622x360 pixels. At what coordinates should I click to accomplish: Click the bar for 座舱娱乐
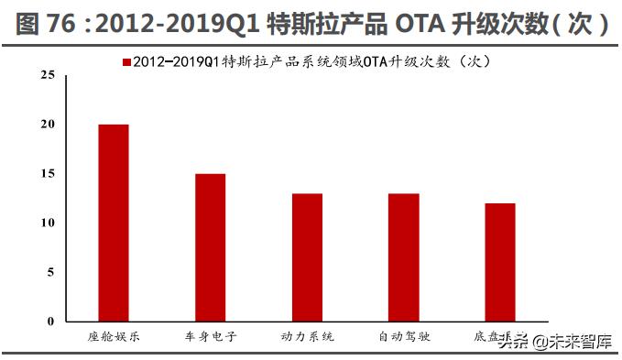(114, 223)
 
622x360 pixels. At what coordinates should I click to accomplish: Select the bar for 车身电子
(210, 247)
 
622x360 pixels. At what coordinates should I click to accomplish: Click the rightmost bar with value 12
(500, 262)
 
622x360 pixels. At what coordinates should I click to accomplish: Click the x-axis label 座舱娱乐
(114, 337)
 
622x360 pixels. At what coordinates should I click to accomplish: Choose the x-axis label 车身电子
(210, 337)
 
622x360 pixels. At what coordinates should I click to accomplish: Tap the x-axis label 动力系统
(307, 337)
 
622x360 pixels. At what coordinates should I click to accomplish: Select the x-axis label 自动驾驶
(403, 337)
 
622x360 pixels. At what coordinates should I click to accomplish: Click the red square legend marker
(125, 61)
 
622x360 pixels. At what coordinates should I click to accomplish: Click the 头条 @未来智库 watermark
(555, 343)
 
